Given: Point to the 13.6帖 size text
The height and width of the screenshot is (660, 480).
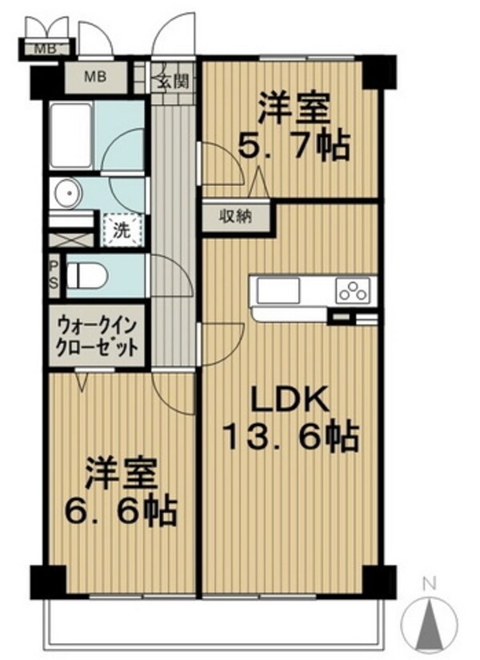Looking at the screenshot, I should (x=290, y=438).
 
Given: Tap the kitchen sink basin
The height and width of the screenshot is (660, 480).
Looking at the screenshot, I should (x=277, y=290).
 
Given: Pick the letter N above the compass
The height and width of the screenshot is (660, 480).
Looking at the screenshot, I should (x=428, y=583).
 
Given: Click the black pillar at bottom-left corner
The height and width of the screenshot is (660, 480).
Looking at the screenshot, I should (x=48, y=579).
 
